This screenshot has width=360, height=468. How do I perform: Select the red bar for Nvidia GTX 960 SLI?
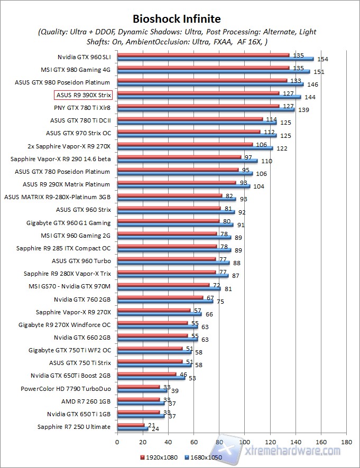203,54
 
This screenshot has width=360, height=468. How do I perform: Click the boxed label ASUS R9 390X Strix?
82,95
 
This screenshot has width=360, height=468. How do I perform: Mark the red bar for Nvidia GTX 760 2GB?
160,297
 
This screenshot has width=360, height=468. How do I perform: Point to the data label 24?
155,429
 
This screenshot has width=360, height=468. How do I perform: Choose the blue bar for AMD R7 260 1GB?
141,403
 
